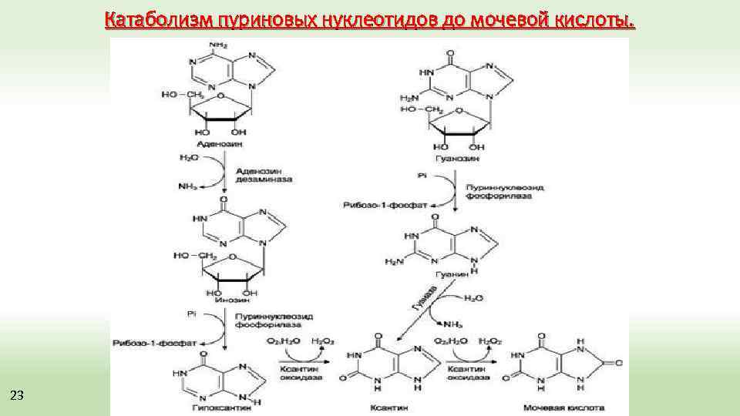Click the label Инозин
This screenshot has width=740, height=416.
224,300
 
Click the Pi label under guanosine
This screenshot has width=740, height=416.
421,176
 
